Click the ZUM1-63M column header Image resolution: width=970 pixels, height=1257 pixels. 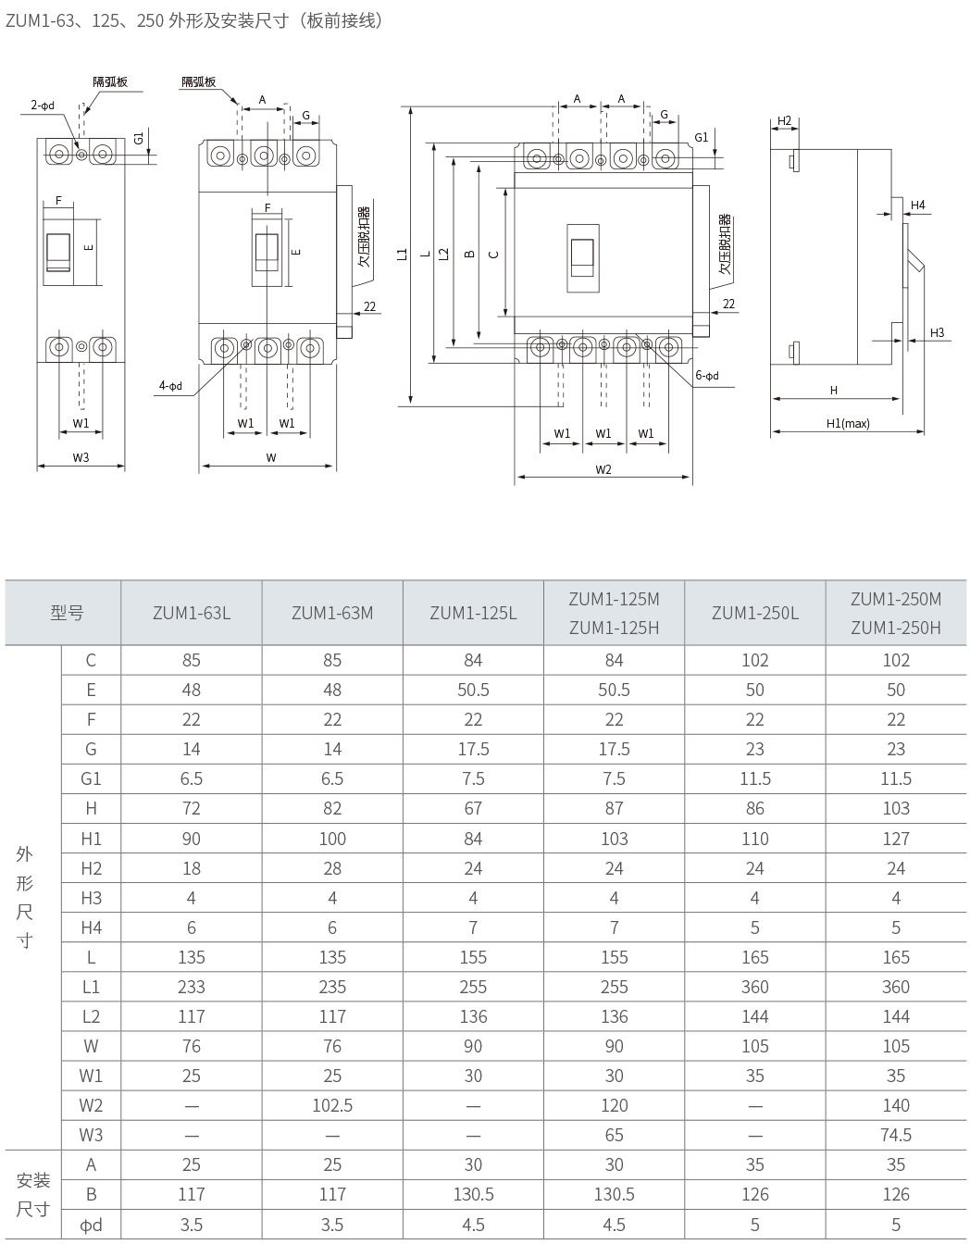(x=332, y=613)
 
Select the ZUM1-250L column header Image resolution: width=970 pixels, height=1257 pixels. (x=755, y=613)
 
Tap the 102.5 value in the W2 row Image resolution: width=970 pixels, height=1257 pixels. (x=332, y=1105)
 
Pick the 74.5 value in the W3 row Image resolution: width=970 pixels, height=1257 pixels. (x=895, y=1135)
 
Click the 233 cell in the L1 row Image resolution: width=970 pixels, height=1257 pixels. (x=191, y=987)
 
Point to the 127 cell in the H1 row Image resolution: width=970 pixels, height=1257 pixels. (x=895, y=839)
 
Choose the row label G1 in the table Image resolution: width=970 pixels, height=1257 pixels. (x=91, y=778)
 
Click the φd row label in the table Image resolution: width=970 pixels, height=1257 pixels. (x=91, y=1225)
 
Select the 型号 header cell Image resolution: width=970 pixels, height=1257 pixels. (x=67, y=613)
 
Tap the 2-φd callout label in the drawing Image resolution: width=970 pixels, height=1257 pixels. (x=43, y=106)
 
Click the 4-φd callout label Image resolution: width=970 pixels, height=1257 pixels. (x=170, y=385)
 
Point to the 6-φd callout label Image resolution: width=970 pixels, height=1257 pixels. (x=707, y=376)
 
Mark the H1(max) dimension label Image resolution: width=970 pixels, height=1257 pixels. (x=848, y=423)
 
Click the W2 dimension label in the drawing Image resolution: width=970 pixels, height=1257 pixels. (x=603, y=469)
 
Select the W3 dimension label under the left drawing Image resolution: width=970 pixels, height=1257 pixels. (x=81, y=457)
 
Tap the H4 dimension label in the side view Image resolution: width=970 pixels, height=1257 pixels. (x=917, y=205)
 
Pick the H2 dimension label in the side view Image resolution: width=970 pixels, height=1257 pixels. (x=784, y=120)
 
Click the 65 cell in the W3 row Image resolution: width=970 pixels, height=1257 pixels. (x=614, y=1135)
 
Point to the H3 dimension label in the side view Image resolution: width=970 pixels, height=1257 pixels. (x=937, y=332)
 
